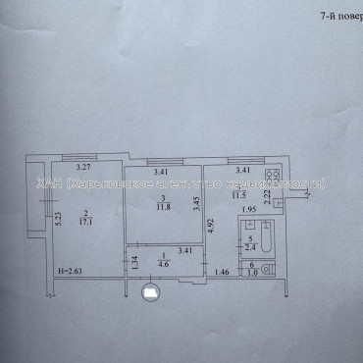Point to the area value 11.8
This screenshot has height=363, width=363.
(x=165, y=205)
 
